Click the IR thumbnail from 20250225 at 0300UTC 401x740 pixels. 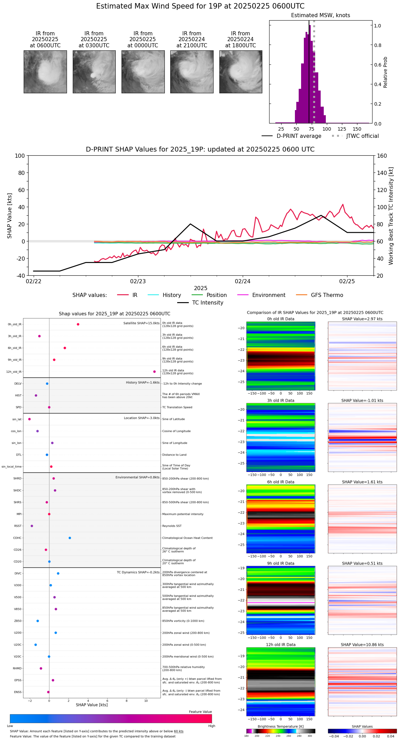[94, 72]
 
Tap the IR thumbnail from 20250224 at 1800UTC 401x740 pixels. [241, 72]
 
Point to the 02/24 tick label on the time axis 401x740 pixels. [242, 282]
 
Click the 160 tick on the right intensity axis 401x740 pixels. [382, 156]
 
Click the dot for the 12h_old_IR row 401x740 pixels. [154, 372]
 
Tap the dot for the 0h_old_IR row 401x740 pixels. [78, 324]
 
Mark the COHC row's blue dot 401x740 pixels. [70, 538]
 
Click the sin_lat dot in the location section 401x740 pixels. [30, 419]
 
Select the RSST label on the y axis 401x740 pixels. [18, 526]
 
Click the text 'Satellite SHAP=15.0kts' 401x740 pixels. [141, 323]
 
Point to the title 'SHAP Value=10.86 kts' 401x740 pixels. [362, 645]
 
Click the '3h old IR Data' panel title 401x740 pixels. [280, 401]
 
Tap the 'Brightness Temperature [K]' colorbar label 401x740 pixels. [280, 727]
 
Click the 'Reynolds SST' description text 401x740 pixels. [172, 526]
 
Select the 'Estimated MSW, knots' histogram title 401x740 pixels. [320, 15]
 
